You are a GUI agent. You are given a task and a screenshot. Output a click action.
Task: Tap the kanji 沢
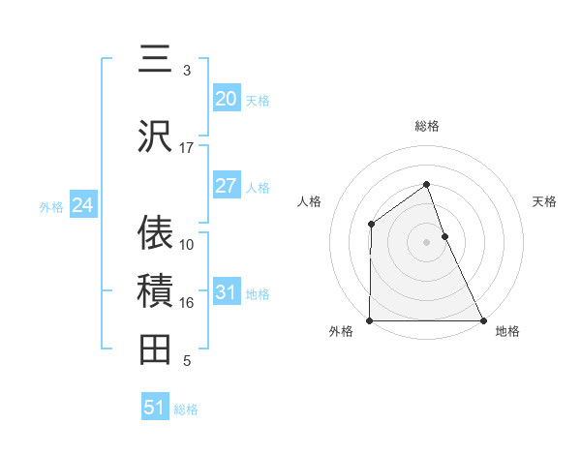click(x=155, y=136)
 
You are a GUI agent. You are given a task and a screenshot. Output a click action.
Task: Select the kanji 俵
click(x=155, y=232)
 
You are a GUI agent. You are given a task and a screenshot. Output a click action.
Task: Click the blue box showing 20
click(x=226, y=99)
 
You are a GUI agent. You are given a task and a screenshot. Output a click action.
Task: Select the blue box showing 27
click(x=226, y=186)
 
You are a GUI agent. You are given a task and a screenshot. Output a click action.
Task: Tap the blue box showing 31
click(x=226, y=292)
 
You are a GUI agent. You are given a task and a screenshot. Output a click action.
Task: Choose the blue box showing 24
click(x=82, y=205)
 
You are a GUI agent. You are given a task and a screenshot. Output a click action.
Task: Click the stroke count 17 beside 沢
click(x=186, y=148)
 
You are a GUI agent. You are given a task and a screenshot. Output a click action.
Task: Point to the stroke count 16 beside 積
click(x=186, y=303)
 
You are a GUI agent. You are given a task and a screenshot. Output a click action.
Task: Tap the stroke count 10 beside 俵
click(x=186, y=245)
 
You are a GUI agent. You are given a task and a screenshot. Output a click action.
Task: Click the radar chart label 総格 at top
click(x=426, y=126)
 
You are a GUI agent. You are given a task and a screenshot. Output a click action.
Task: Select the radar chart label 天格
click(x=544, y=201)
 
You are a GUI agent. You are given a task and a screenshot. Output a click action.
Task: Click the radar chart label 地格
click(x=507, y=331)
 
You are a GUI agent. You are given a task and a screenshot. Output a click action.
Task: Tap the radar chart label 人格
click(x=310, y=201)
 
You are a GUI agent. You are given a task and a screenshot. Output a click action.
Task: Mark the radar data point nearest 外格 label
click(x=370, y=320)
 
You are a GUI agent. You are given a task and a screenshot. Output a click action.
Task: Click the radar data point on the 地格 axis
click(x=482, y=320)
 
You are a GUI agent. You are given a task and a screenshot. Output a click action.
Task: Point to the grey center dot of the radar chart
click(x=426, y=242)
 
